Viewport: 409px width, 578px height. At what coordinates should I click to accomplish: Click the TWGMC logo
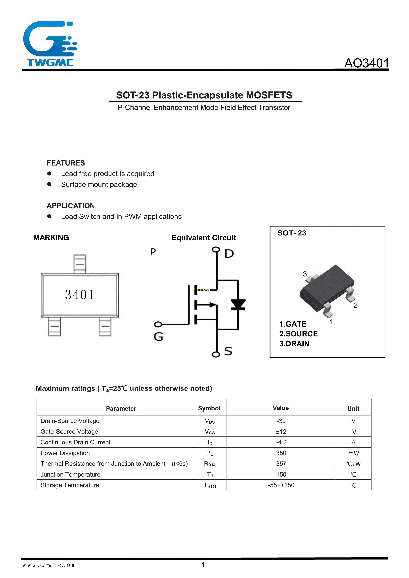click(50, 44)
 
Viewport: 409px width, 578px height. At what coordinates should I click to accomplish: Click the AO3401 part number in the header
click(366, 63)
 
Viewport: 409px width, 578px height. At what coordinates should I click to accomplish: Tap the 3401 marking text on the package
click(79, 295)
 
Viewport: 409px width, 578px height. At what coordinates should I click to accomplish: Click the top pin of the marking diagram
click(80, 264)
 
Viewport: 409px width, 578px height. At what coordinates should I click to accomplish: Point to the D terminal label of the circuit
click(229, 254)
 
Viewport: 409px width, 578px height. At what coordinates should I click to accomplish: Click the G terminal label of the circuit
click(158, 337)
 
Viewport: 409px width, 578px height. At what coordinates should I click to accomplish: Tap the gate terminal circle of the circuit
click(158, 324)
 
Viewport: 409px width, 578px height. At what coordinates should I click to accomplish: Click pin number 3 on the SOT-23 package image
click(305, 274)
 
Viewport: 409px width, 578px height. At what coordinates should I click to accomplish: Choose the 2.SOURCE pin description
click(298, 334)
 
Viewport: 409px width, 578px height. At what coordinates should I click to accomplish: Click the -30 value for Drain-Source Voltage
click(281, 421)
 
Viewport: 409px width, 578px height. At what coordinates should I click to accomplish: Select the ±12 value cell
click(281, 432)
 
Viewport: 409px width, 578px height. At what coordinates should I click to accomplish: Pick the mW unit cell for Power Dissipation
click(353, 453)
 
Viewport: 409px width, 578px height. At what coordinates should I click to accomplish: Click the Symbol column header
click(209, 408)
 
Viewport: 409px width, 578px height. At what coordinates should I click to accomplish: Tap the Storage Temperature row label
click(70, 485)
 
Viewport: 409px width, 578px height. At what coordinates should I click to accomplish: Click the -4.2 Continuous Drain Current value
click(281, 442)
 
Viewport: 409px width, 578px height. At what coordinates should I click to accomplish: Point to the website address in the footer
click(48, 565)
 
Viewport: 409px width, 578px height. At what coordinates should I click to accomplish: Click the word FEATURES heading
click(66, 163)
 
